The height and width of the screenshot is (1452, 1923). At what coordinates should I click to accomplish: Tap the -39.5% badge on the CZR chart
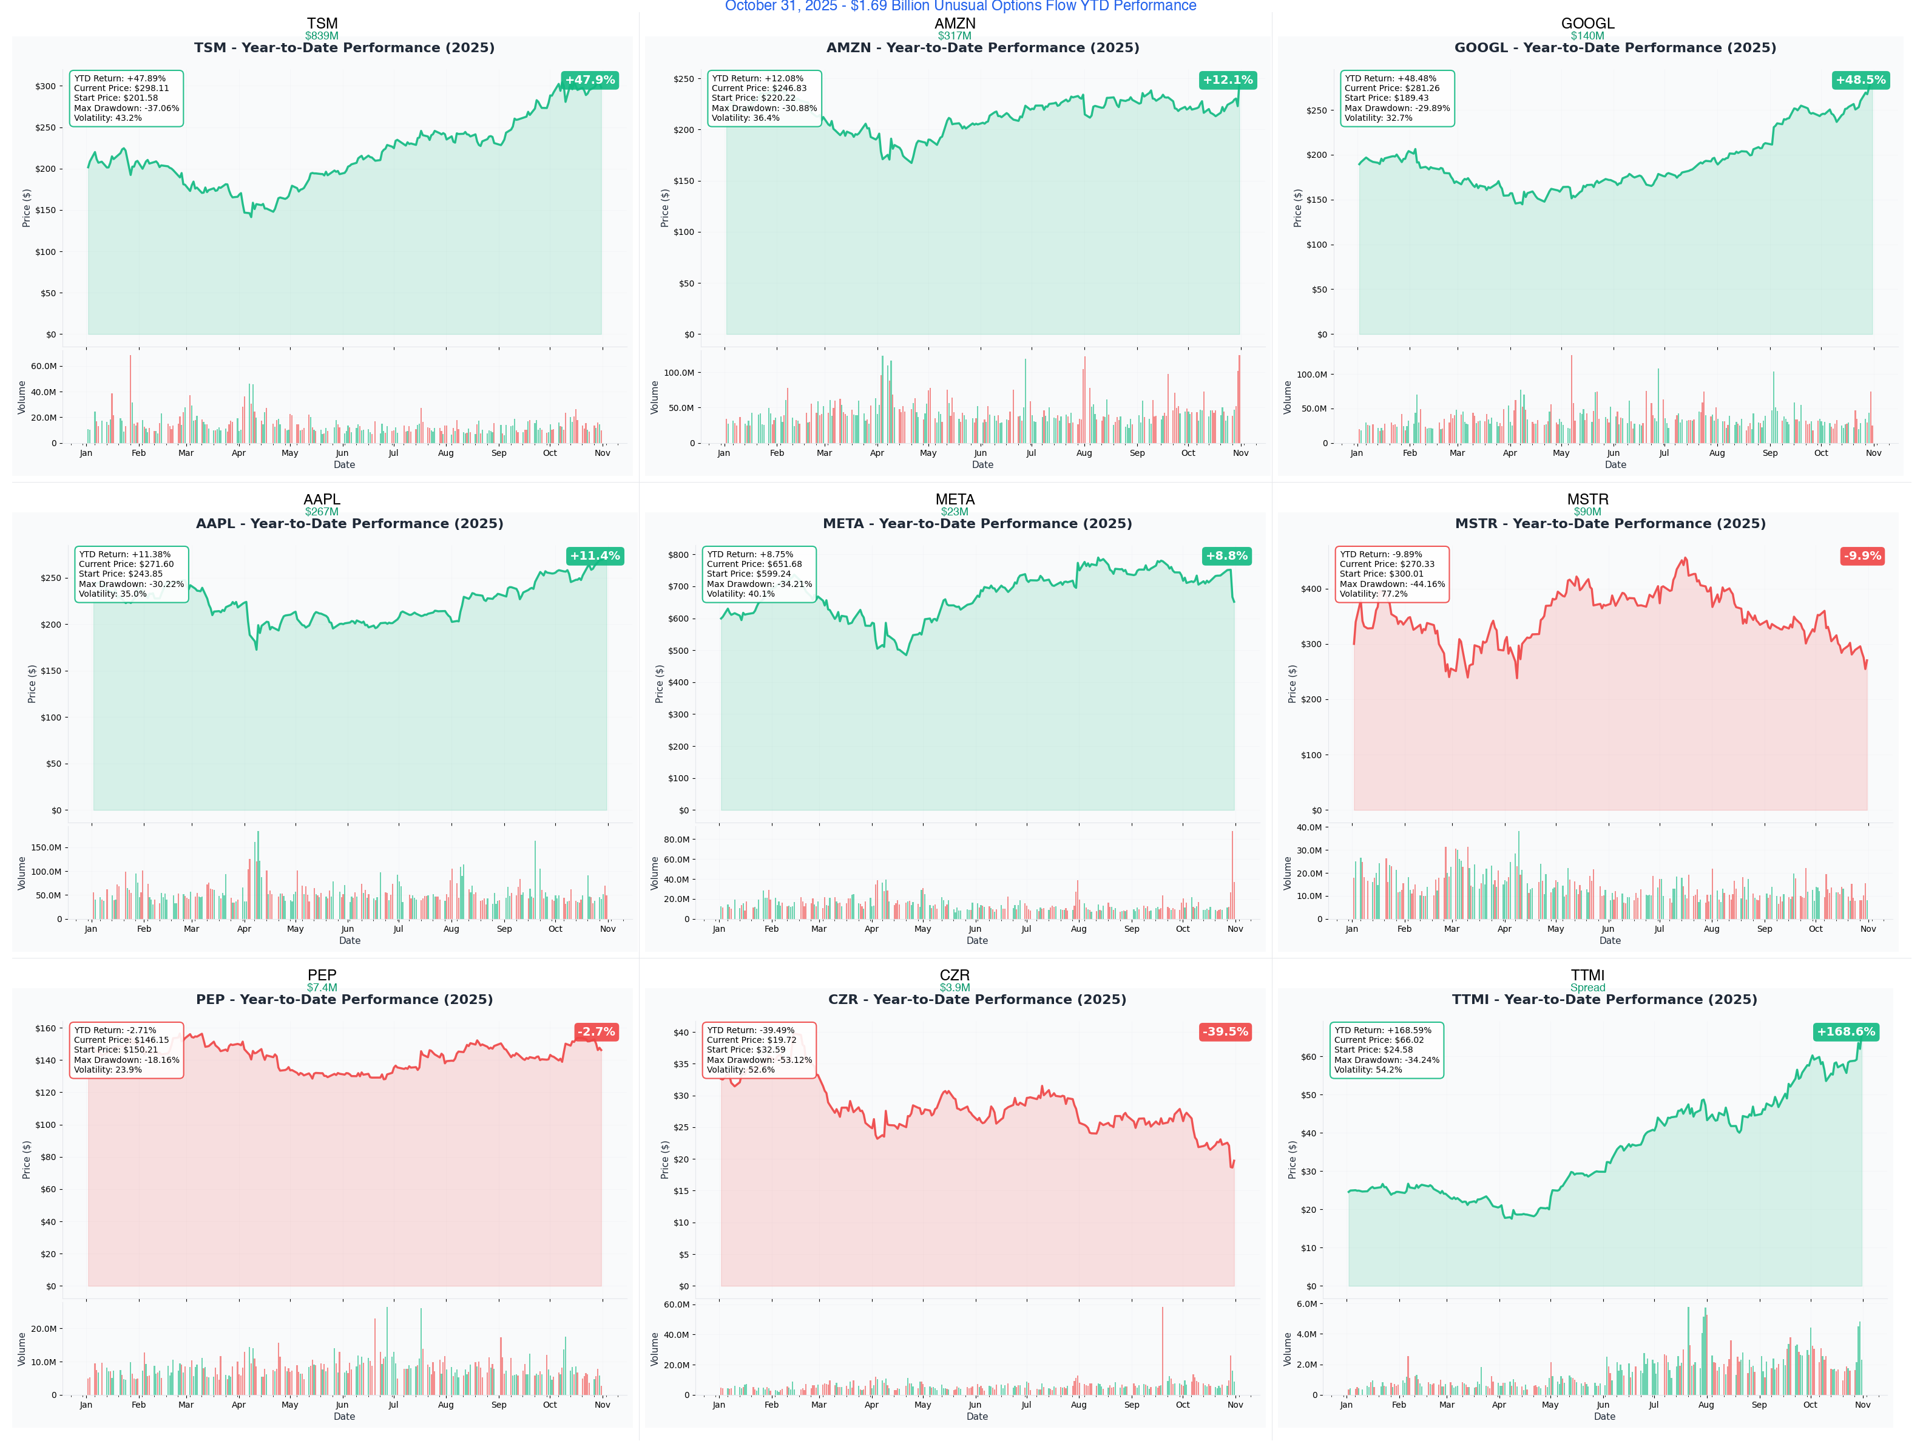(x=1225, y=1032)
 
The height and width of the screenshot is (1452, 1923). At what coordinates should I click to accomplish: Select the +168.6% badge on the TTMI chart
(x=1845, y=1032)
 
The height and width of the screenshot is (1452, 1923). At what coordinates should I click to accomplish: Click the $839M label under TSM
(x=322, y=36)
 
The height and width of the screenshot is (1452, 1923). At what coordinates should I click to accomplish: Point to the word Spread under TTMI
(x=1587, y=988)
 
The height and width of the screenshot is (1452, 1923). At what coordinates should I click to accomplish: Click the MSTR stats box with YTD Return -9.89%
(x=1392, y=574)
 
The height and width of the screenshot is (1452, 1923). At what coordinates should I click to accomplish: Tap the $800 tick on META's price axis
(x=678, y=555)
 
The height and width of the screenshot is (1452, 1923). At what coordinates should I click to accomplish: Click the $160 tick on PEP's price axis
(x=45, y=1028)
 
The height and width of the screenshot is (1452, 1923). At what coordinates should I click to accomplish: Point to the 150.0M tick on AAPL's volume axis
(x=46, y=848)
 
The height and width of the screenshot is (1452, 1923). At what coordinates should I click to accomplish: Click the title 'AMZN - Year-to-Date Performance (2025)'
(x=982, y=48)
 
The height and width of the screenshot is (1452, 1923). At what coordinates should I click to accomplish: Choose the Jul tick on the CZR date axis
(x=1027, y=1405)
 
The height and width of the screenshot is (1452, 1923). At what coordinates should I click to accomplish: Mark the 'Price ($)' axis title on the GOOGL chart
(x=1297, y=209)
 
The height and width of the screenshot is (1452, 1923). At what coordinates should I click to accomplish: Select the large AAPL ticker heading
(x=322, y=499)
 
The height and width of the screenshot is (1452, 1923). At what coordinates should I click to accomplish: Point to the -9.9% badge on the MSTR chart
(x=1862, y=555)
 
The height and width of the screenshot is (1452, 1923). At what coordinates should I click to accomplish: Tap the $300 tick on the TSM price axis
(x=45, y=86)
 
